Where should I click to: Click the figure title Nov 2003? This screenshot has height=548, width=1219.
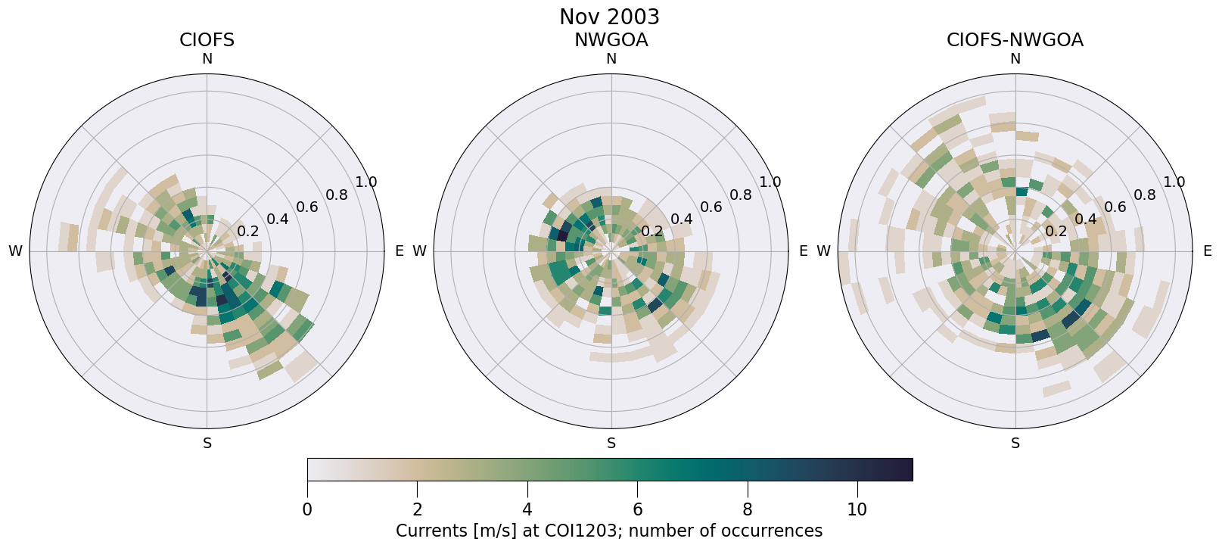click(609, 17)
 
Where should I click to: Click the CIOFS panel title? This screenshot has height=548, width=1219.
click(207, 40)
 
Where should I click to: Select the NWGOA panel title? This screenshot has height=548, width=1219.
click(611, 40)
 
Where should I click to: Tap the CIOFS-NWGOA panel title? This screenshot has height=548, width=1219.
click(1015, 40)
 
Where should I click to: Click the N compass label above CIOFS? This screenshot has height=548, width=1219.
click(207, 59)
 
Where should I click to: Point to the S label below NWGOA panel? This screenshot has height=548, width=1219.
click(611, 444)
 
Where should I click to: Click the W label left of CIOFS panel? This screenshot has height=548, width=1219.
click(15, 251)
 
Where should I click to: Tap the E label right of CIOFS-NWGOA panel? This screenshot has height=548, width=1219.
click(1208, 251)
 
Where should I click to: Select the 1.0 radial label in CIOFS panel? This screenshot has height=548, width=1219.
click(366, 182)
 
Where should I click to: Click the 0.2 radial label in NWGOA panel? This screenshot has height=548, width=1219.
click(651, 232)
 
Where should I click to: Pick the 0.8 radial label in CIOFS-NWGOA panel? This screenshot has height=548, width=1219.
click(1145, 195)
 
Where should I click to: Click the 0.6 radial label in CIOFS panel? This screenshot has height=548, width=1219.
click(307, 207)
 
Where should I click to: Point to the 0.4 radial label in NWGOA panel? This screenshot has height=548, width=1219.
click(682, 220)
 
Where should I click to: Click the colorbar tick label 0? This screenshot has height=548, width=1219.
click(307, 510)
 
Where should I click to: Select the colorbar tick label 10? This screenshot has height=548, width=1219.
click(857, 510)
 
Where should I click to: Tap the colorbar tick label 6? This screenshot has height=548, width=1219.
click(637, 510)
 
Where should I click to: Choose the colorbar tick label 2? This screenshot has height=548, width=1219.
click(417, 510)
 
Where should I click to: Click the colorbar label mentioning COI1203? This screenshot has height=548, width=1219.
click(609, 531)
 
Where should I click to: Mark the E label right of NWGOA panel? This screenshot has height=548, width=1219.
click(804, 251)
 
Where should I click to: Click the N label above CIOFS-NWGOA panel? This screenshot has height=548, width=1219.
click(1015, 59)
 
